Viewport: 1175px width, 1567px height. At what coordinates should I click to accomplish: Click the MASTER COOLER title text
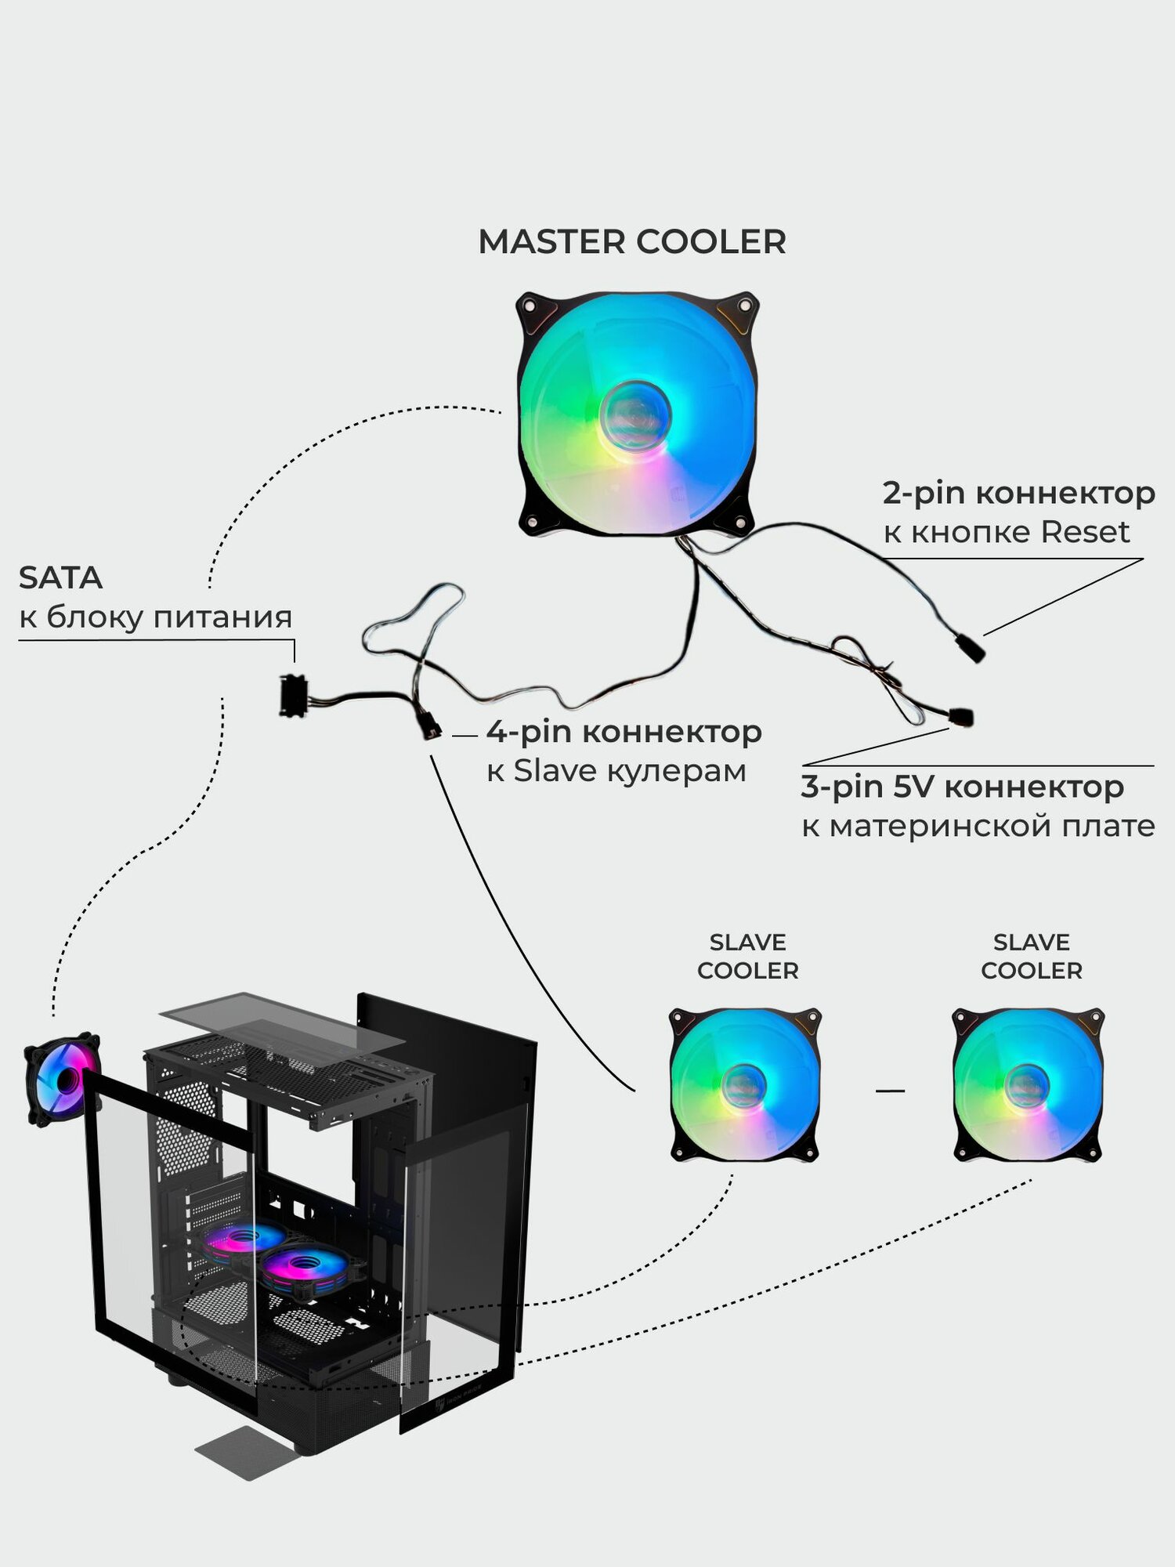pos(631,242)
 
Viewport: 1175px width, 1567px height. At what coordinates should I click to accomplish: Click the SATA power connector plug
pos(292,696)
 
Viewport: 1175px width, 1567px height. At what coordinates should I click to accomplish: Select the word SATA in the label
pos(60,578)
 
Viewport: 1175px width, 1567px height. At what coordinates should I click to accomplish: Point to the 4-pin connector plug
pos(428,728)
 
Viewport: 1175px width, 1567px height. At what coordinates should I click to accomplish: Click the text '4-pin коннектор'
pos(624,733)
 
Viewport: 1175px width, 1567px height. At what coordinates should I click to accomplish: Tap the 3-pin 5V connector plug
pos(961,716)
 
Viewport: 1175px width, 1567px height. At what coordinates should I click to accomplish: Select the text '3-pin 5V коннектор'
pos(962,787)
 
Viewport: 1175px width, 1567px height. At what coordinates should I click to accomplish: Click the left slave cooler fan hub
pos(744,1085)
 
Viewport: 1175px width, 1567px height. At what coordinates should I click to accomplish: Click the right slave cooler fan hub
pos(1027,1085)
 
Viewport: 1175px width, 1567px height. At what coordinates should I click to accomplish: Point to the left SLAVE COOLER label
pos(747,957)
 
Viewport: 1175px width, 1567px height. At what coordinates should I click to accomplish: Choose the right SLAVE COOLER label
pos(1031,957)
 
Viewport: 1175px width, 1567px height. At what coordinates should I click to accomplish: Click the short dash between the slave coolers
pos(890,1090)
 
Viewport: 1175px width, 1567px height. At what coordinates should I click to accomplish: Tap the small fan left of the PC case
pos(62,1080)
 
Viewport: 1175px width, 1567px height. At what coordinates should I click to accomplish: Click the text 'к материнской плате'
pos(978,827)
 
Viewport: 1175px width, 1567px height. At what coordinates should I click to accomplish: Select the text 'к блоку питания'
pos(155,617)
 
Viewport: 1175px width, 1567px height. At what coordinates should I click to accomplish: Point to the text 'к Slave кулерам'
pos(616,772)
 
